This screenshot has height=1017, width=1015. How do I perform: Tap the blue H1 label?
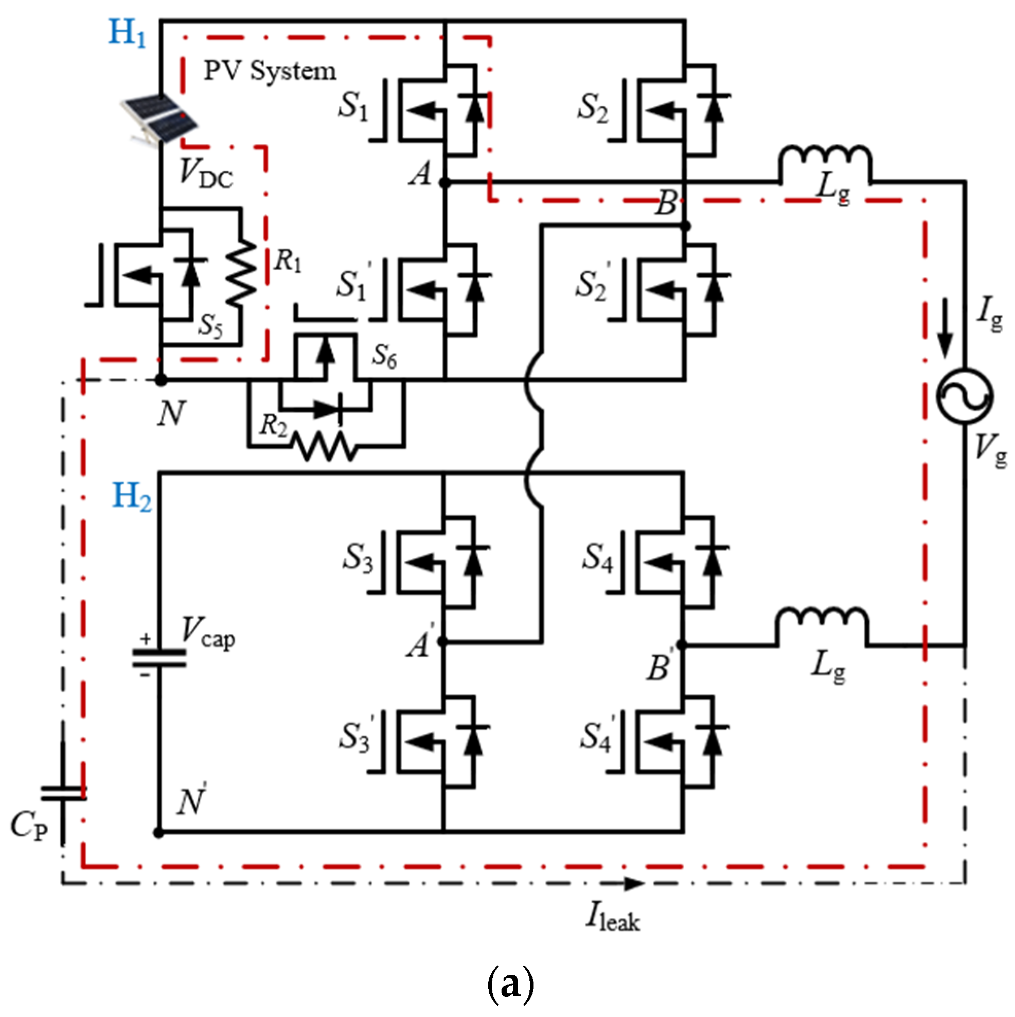coord(127,32)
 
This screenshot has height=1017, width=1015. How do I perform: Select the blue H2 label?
coord(132,496)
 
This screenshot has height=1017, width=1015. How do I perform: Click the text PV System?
coord(270,71)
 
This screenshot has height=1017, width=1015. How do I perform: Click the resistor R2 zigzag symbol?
coord(326,447)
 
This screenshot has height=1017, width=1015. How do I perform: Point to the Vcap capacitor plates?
coord(159,658)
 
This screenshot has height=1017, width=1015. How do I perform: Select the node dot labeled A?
coord(444,183)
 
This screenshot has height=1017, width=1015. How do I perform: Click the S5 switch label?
coord(210,325)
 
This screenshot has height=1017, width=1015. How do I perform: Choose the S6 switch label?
coord(385,356)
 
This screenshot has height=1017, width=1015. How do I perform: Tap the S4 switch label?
coord(598,558)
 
